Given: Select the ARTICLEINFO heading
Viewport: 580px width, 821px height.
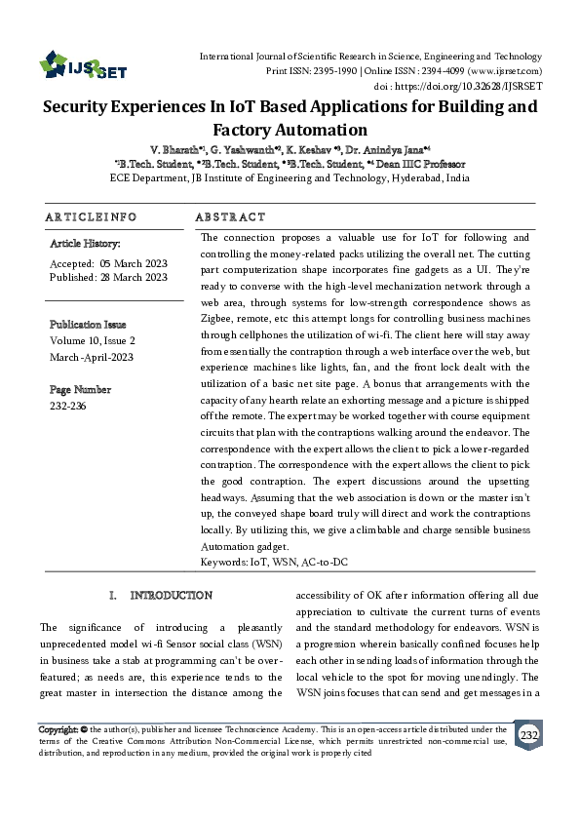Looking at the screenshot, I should [91, 216].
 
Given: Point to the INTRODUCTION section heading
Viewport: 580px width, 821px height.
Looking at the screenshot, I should [171, 595].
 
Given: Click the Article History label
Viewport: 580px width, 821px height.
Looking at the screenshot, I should [85, 243].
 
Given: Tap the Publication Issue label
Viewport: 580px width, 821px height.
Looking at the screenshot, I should [88, 324].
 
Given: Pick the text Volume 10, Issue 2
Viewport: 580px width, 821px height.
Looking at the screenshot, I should [93, 340].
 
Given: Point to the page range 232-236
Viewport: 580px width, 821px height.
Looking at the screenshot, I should [67, 405].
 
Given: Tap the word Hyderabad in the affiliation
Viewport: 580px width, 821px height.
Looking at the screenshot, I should [416, 178].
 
